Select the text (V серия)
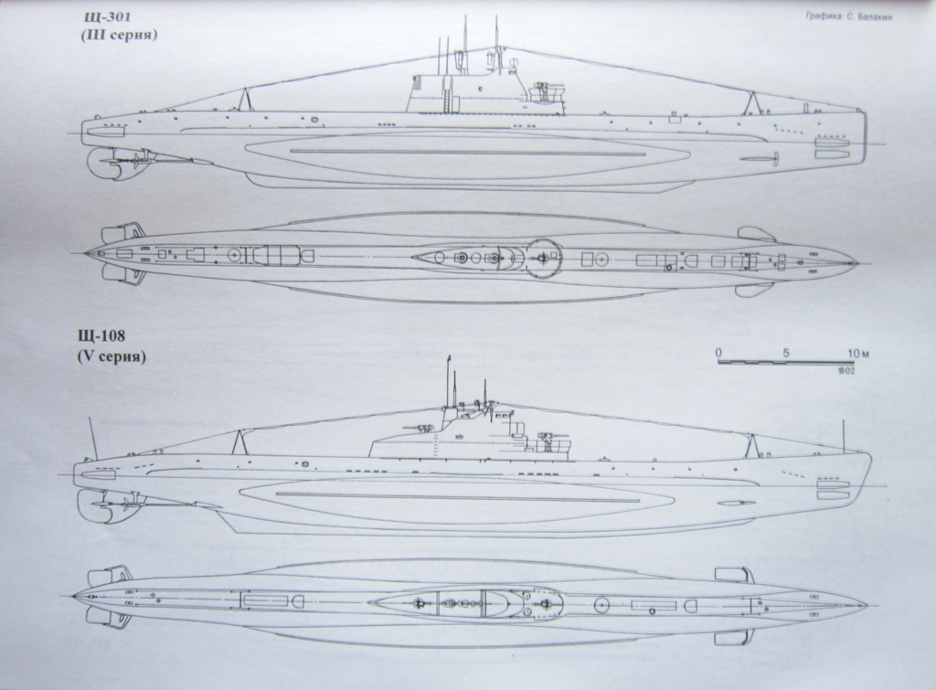pyautogui.click(x=113, y=357)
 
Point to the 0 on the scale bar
pyautogui.click(x=718, y=352)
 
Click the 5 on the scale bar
pyautogui.click(x=785, y=352)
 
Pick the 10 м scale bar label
pyautogui.click(x=857, y=352)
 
